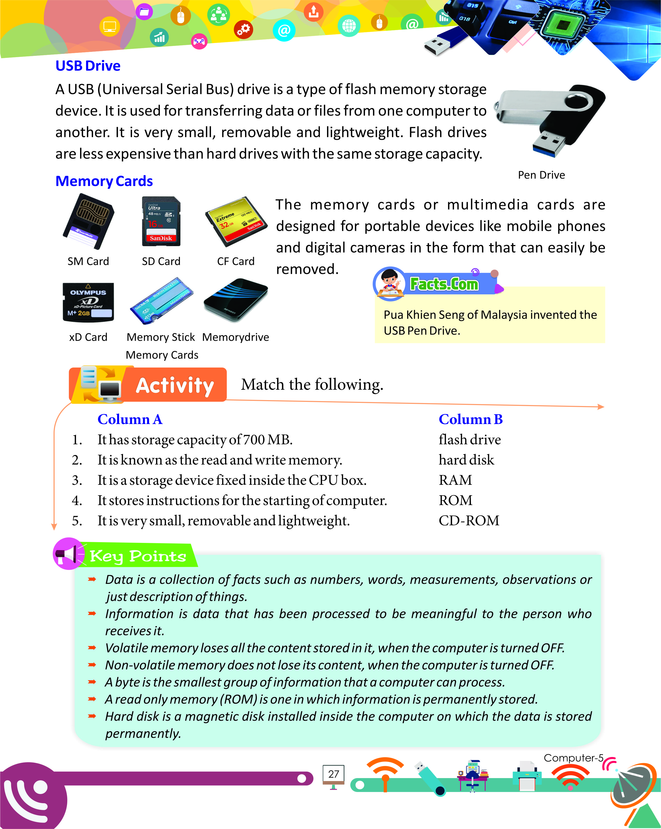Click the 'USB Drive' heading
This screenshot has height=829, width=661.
click(88, 66)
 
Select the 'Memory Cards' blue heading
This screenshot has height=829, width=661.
click(104, 181)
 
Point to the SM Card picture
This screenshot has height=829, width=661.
click(89, 222)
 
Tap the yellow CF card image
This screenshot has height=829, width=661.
click(235, 222)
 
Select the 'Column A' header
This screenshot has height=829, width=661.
click(130, 419)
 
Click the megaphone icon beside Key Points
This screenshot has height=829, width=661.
click(68, 553)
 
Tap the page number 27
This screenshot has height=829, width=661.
click(333, 774)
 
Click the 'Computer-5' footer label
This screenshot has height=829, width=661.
click(573, 758)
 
